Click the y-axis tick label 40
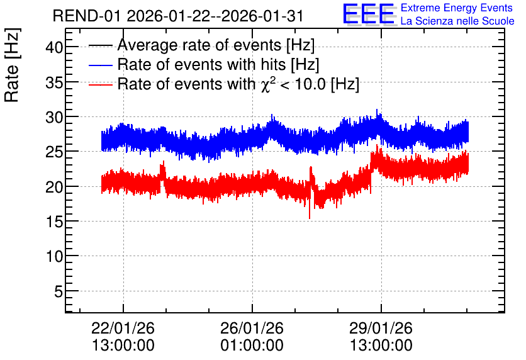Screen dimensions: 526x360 pos(54,47)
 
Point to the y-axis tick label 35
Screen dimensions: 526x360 pos(54,82)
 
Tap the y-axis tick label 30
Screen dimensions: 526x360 pos(54,117)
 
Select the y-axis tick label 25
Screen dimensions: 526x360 pos(54,152)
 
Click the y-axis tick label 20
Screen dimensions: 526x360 pos(54,186)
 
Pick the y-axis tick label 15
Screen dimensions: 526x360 pos(54,222)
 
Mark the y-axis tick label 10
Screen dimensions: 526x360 pos(54,256)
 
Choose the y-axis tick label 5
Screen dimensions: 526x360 pos(59,291)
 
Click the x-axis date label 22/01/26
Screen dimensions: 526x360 pos(123,328)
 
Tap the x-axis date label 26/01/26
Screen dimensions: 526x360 pos(252,328)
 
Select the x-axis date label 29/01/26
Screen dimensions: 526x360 pos(381,328)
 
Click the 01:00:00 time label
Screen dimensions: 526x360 pos(252,345)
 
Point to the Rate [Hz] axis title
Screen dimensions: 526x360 pos(12,65)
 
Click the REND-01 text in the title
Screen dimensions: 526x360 pos(86,16)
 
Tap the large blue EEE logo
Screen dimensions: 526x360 pos(369,14)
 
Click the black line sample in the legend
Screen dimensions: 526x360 pos(100,45)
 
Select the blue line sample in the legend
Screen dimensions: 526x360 pos(100,65)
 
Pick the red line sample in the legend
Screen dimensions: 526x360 pos(100,84)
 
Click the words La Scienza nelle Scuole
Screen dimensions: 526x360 pos(457,21)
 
